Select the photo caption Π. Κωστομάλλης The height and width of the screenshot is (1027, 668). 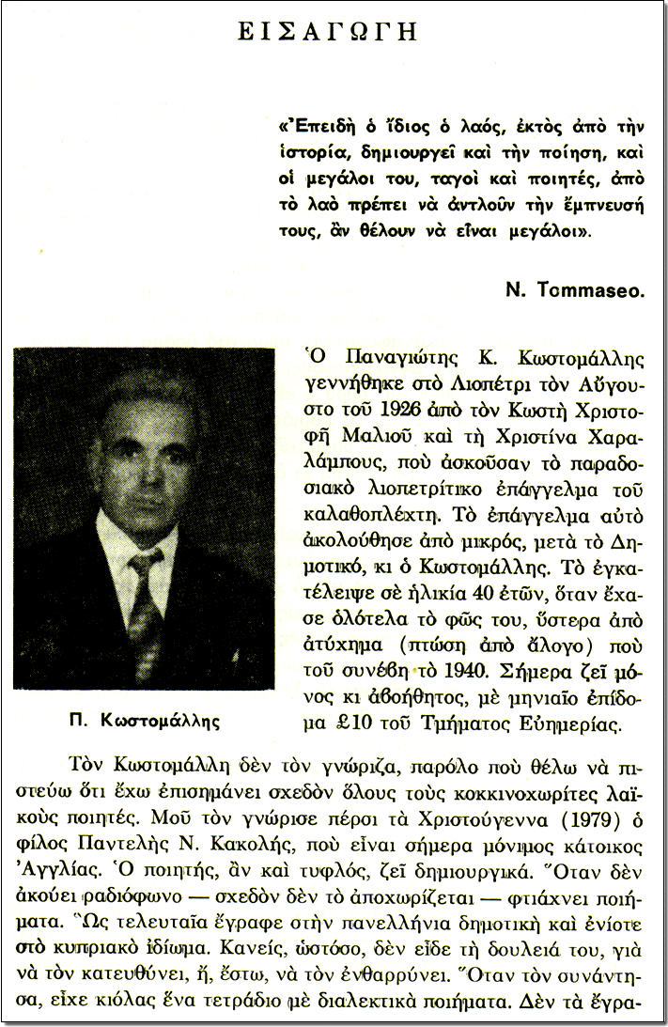coord(143,721)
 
